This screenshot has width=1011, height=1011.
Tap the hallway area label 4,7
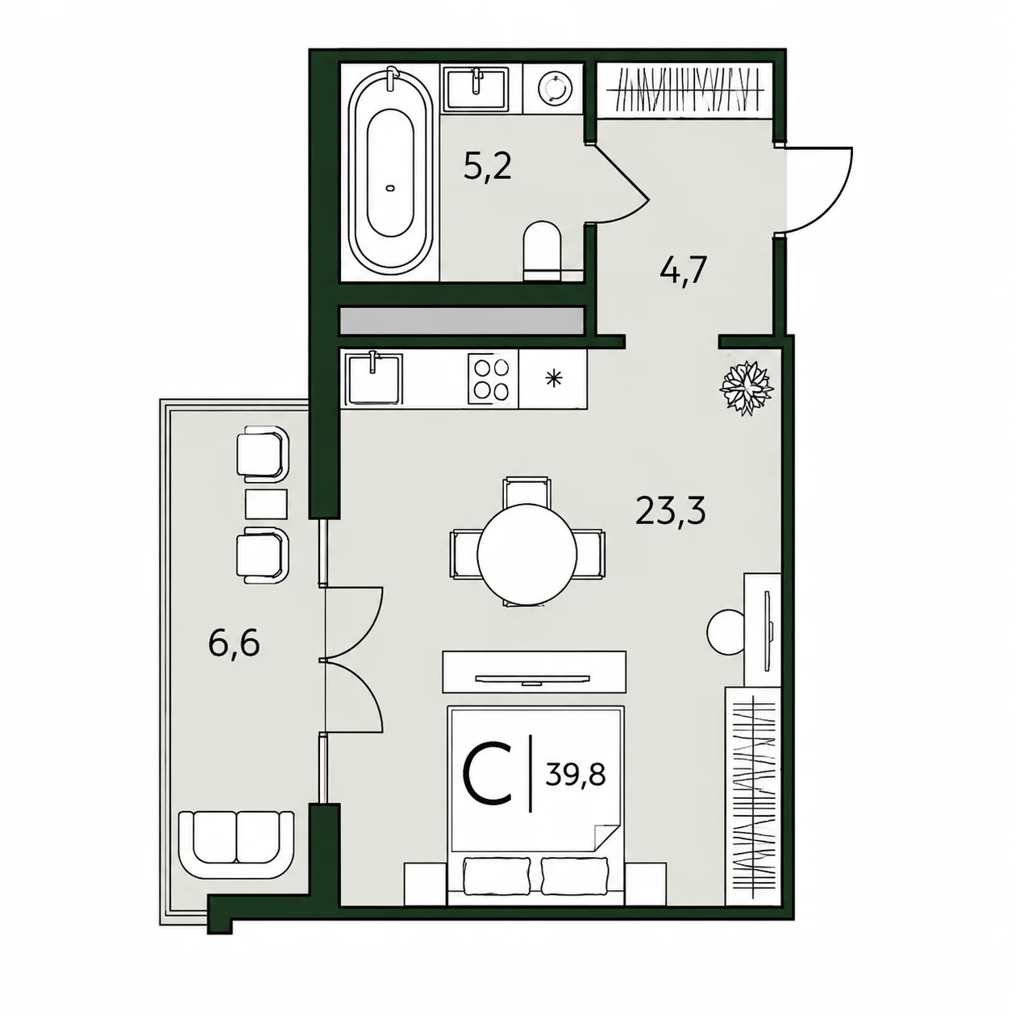coord(684,271)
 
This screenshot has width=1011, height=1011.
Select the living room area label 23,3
coord(671,510)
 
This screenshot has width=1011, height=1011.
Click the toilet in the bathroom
coord(542,252)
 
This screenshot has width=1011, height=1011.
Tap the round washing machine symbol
coord(554,88)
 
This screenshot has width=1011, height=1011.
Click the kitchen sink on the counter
coord(373,378)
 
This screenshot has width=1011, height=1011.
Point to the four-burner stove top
coord(488,379)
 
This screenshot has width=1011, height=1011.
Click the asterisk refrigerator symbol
coord(552,378)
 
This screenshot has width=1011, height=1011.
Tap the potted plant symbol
coord(746,388)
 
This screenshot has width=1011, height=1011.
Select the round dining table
coord(526,555)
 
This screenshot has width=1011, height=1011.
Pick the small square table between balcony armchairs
coord(266,504)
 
